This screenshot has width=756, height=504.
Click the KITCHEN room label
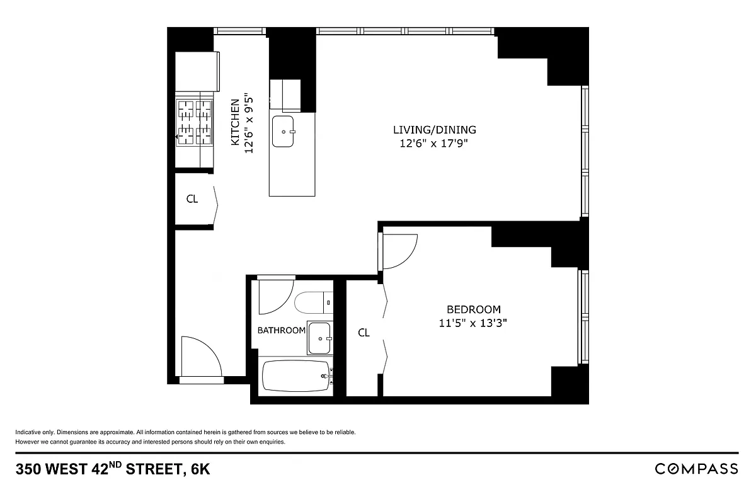click(x=235, y=122)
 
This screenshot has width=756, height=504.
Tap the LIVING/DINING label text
click(x=434, y=130)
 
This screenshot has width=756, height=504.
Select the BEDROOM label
click(x=473, y=309)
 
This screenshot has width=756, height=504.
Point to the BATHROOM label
click(x=281, y=330)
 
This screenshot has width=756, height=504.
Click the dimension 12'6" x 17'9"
click(x=434, y=144)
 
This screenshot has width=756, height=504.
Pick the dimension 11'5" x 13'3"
click(x=473, y=323)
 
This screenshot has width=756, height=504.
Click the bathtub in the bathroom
click(x=295, y=377)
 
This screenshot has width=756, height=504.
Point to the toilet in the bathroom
click(x=312, y=302)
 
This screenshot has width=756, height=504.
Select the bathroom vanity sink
click(x=319, y=338)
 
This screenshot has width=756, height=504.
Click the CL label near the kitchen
click(x=192, y=199)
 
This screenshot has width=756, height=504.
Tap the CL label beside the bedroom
click(x=364, y=333)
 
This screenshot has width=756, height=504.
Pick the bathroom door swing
click(x=275, y=295)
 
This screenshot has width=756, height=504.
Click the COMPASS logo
click(x=696, y=469)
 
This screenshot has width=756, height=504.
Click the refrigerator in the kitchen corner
click(x=197, y=72)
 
